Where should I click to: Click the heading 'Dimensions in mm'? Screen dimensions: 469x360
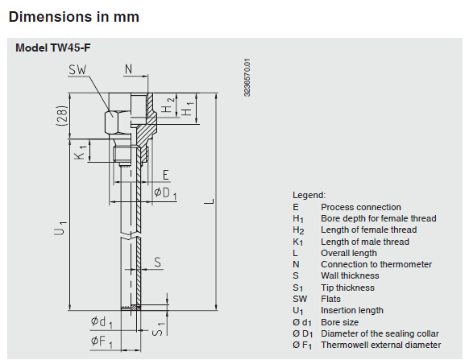[x=74, y=17]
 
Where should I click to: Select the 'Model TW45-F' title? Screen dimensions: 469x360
[x=53, y=48]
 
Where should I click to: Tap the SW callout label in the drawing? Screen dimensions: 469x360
[x=77, y=70]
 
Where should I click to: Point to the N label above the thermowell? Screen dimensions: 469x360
[x=128, y=69]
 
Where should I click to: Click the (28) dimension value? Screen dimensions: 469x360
[x=63, y=115]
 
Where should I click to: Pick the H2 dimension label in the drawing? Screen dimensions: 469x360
[x=168, y=105]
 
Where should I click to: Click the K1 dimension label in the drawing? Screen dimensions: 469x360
[x=81, y=152]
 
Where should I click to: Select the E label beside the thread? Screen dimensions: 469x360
[x=166, y=175]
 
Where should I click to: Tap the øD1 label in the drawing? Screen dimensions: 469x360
[x=165, y=193]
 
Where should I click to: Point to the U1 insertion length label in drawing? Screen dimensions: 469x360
[x=60, y=228]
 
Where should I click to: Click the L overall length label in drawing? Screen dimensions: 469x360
[x=210, y=201]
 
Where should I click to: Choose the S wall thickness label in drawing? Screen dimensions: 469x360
[x=158, y=263]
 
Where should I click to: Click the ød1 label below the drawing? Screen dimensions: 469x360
[x=102, y=322]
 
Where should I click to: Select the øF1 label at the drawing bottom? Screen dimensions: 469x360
[x=102, y=341]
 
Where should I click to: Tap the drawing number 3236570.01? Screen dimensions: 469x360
[x=247, y=77]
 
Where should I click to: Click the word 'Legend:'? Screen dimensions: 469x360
[x=309, y=195]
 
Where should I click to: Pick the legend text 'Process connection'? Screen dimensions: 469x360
[x=361, y=207]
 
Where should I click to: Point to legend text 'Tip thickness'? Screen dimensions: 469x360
[x=347, y=288]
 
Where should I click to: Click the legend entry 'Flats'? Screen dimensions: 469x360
[x=330, y=299]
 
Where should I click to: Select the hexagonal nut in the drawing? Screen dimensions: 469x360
[x=113, y=122]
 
